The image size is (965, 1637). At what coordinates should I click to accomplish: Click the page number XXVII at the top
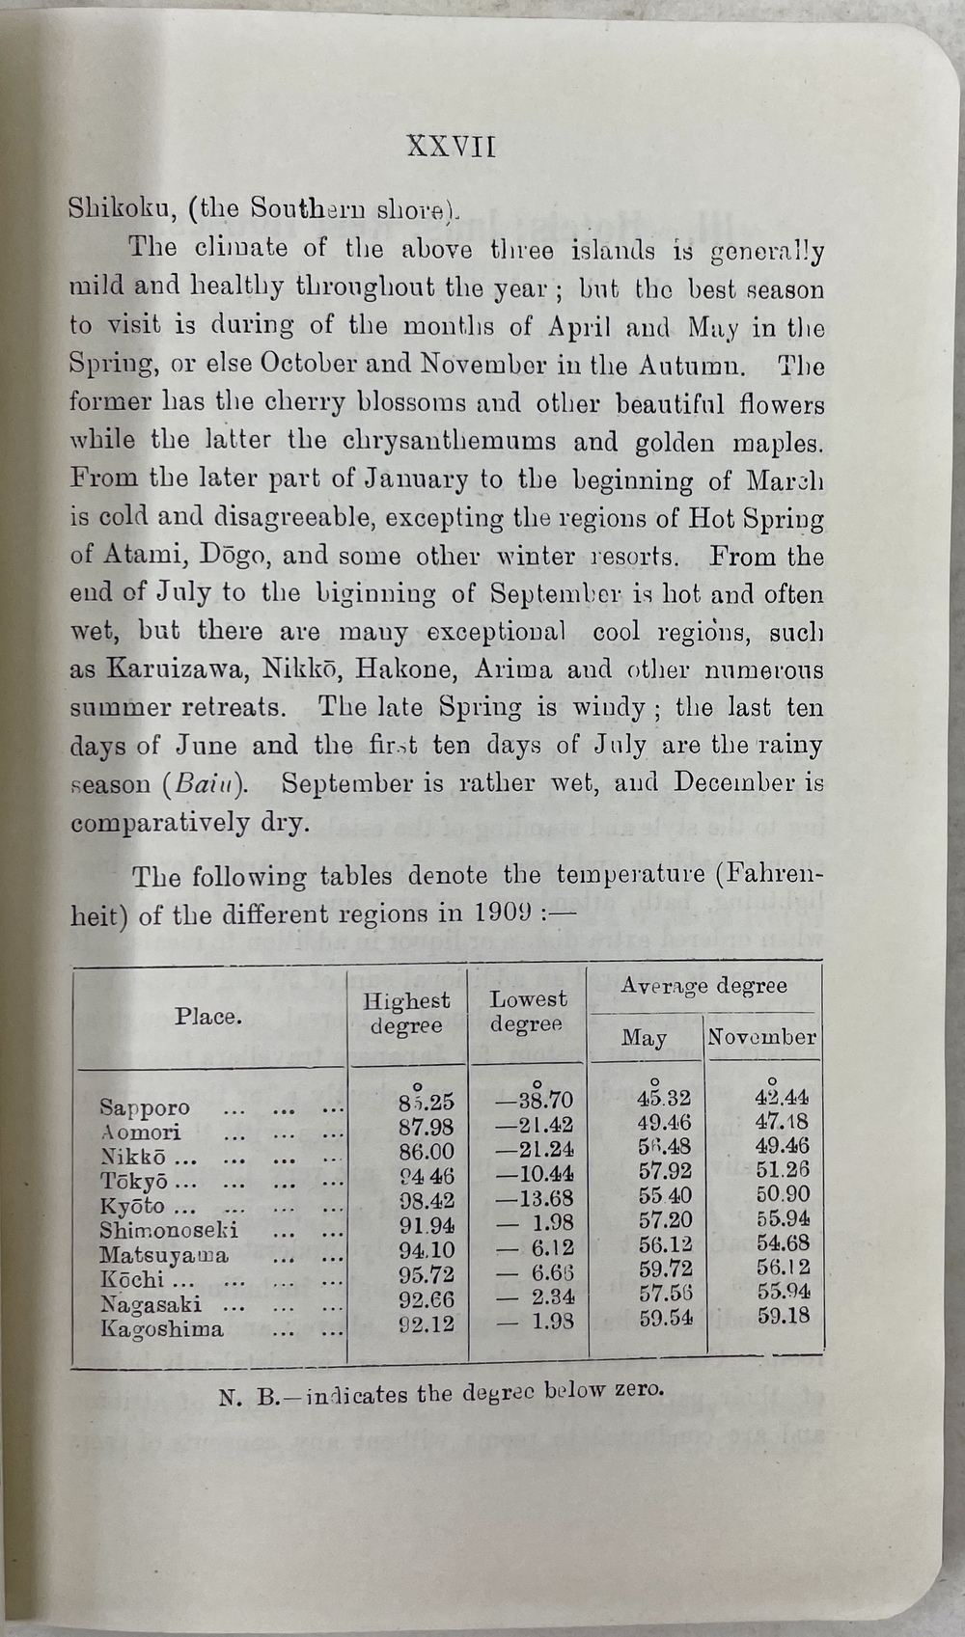click(451, 147)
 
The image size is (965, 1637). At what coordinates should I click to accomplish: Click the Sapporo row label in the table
click(145, 1107)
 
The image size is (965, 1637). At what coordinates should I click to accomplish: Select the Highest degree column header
click(406, 1014)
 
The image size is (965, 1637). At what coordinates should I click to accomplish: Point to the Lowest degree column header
click(527, 1012)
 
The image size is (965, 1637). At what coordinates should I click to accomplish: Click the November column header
click(761, 1038)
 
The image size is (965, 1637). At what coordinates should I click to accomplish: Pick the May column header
click(644, 1038)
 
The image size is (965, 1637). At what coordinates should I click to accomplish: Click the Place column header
click(208, 1017)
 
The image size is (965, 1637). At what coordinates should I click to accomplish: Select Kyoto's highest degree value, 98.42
click(427, 1201)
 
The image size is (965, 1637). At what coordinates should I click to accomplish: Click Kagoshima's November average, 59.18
click(783, 1315)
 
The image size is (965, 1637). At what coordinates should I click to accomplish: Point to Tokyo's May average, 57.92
click(665, 1172)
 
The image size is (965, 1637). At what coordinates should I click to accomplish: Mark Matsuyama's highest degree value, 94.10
click(427, 1250)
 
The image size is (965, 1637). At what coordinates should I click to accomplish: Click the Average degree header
click(703, 986)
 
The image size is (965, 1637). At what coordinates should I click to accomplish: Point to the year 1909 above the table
click(500, 913)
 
